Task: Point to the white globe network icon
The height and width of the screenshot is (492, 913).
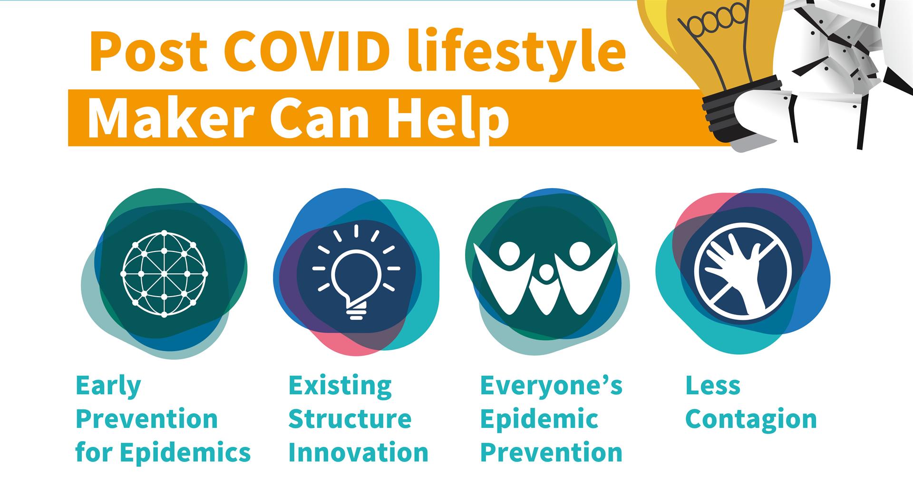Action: click(x=165, y=274)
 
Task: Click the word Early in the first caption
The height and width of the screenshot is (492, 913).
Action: click(x=108, y=386)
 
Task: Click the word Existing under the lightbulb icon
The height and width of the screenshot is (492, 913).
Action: click(x=340, y=386)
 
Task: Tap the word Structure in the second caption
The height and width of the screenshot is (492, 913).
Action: click(x=350, y=419)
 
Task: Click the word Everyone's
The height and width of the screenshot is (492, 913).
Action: click(x=552, y=386)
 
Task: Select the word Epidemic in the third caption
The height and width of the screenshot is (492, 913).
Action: click(x=539, y=419)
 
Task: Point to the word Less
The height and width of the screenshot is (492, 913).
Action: click(x=713, y=386)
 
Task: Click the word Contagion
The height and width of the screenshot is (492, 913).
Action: click(x=751, y=420)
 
